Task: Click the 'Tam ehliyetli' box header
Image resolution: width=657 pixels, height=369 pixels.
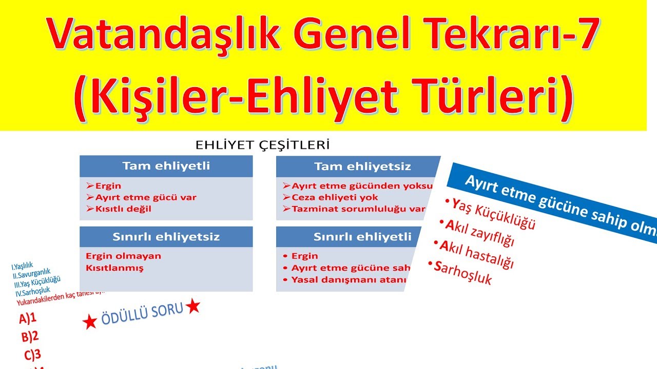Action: (166, 166)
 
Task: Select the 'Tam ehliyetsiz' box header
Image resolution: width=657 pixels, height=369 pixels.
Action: (362, 167)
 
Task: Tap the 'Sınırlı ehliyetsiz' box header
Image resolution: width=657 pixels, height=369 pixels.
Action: (166, 237)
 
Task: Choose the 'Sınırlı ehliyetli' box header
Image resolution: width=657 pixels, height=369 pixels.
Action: (362, 237)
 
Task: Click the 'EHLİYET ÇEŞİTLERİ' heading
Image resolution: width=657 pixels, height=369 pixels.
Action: (262, 145)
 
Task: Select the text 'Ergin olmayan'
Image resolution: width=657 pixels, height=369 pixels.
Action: (123, 256)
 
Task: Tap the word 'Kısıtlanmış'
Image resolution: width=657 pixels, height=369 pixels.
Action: (114, 268)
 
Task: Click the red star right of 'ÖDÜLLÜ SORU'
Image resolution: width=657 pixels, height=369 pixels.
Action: (193, 306)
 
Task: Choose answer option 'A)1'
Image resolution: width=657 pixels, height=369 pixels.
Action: (28, 318)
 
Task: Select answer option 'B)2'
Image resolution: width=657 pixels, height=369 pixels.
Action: (30, 336)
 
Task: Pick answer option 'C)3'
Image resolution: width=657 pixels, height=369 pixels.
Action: (32, 355)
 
